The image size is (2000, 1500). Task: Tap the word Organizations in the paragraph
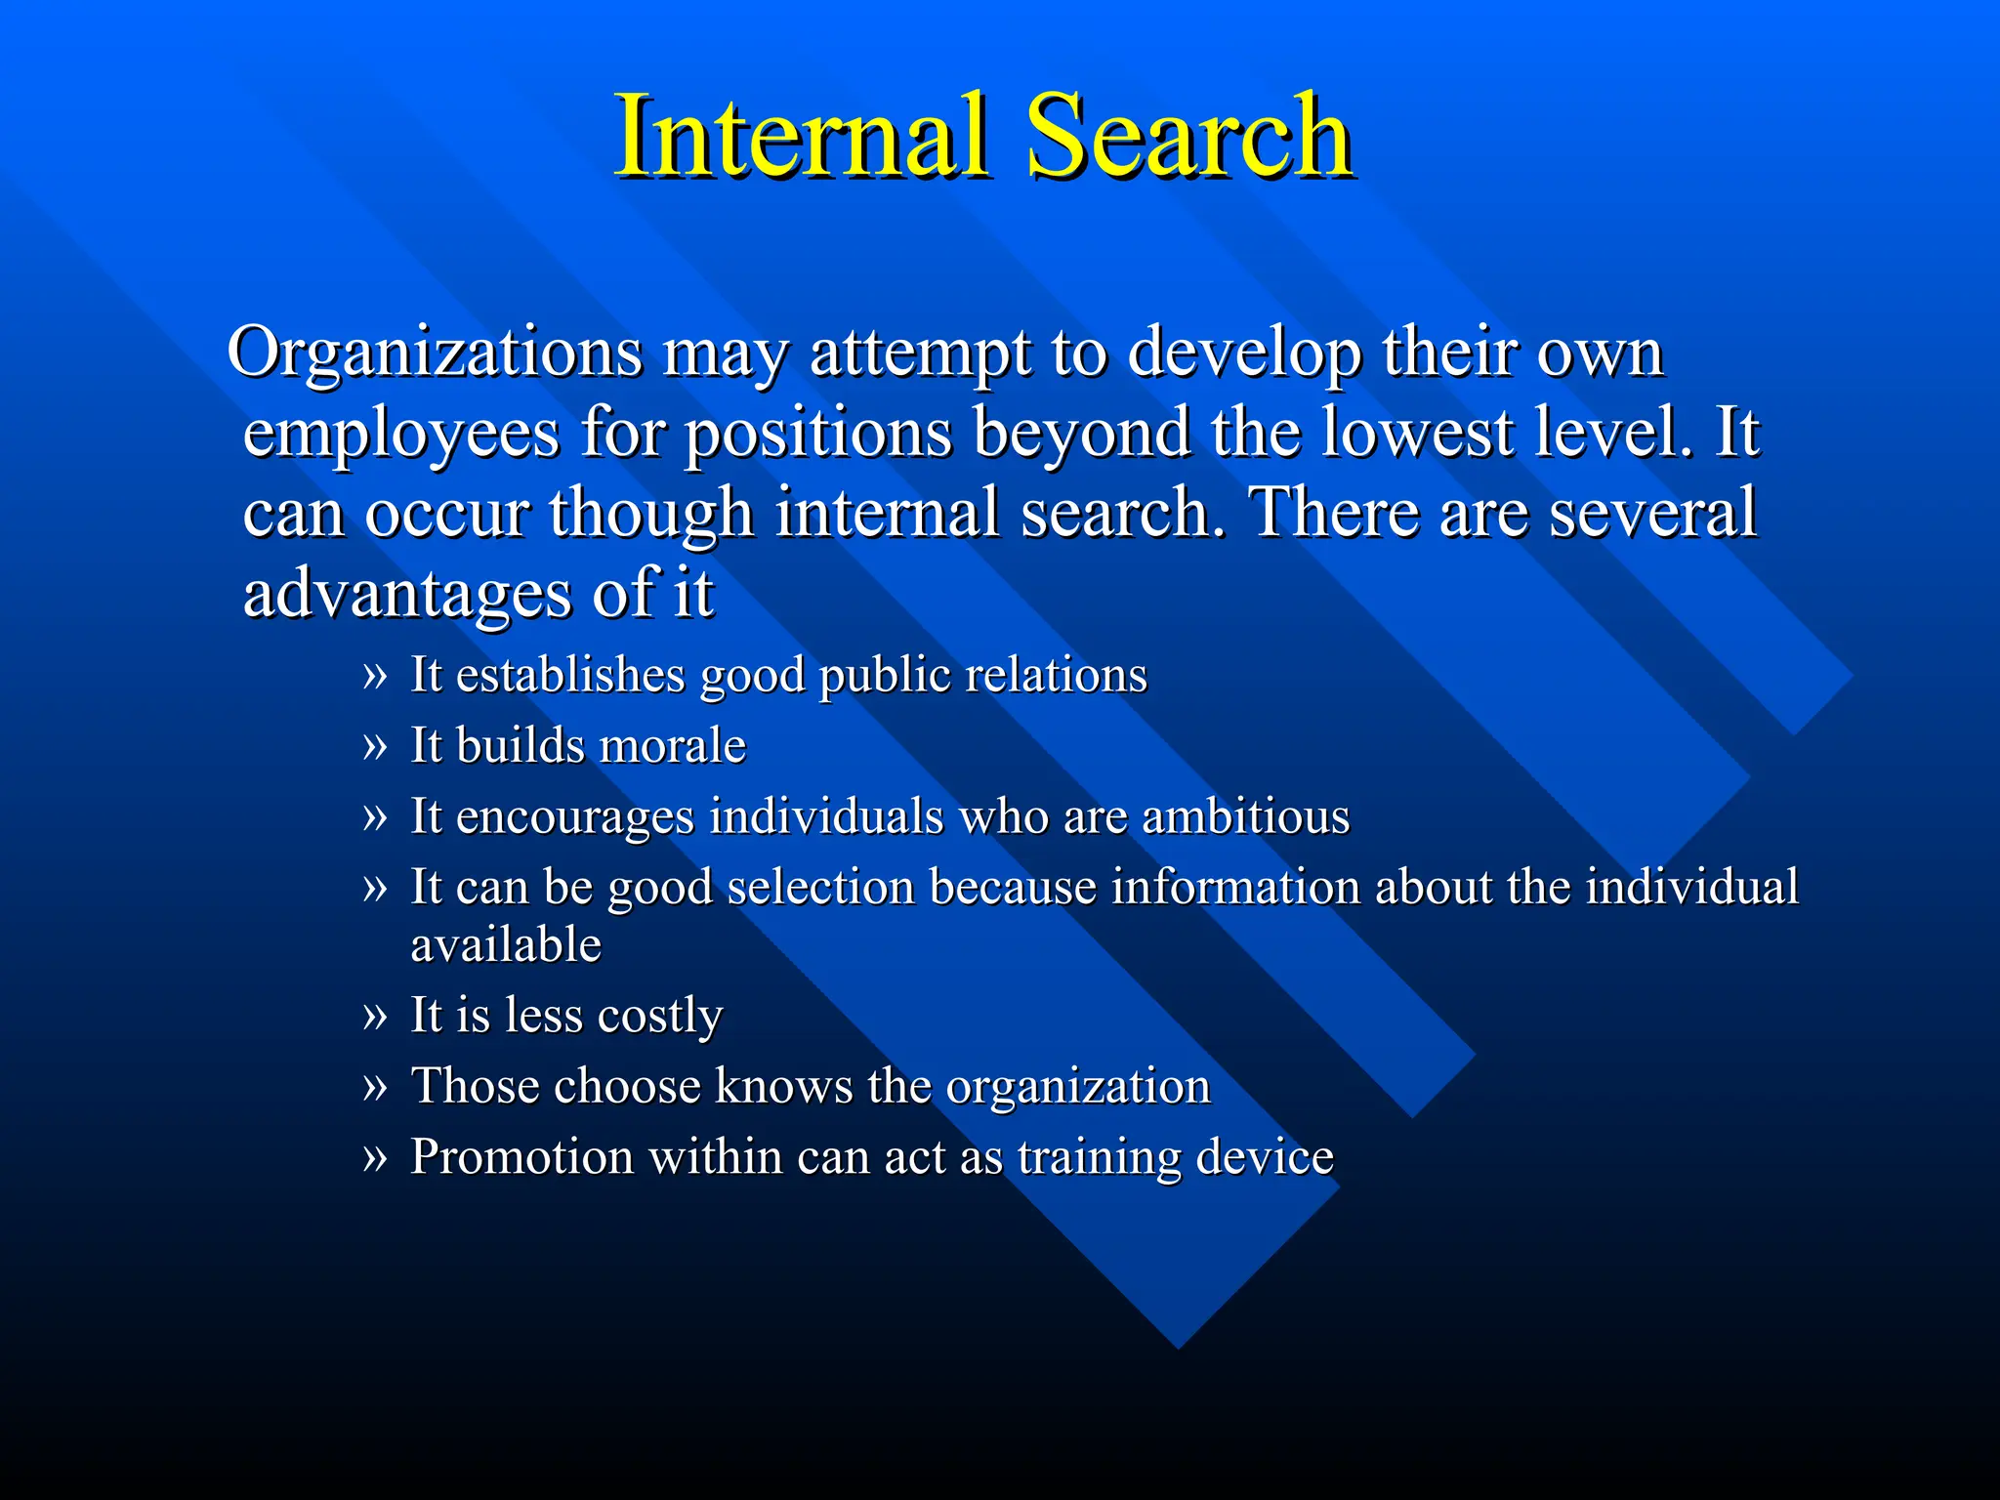click(x=435, y=353)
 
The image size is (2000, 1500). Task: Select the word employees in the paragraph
click(x=401, y=434)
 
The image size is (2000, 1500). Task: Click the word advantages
click(x=407, y=593)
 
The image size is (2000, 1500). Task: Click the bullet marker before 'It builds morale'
click(x=374, y=746)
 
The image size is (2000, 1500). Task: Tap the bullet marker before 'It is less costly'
click(x=374, y=1016)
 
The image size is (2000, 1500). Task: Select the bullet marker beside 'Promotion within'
click(x=374, y=1157)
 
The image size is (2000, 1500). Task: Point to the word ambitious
click(x=1245, y=816)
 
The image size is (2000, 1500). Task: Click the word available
click(x=506, y=944)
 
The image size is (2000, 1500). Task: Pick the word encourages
click(x=574, y=816)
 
